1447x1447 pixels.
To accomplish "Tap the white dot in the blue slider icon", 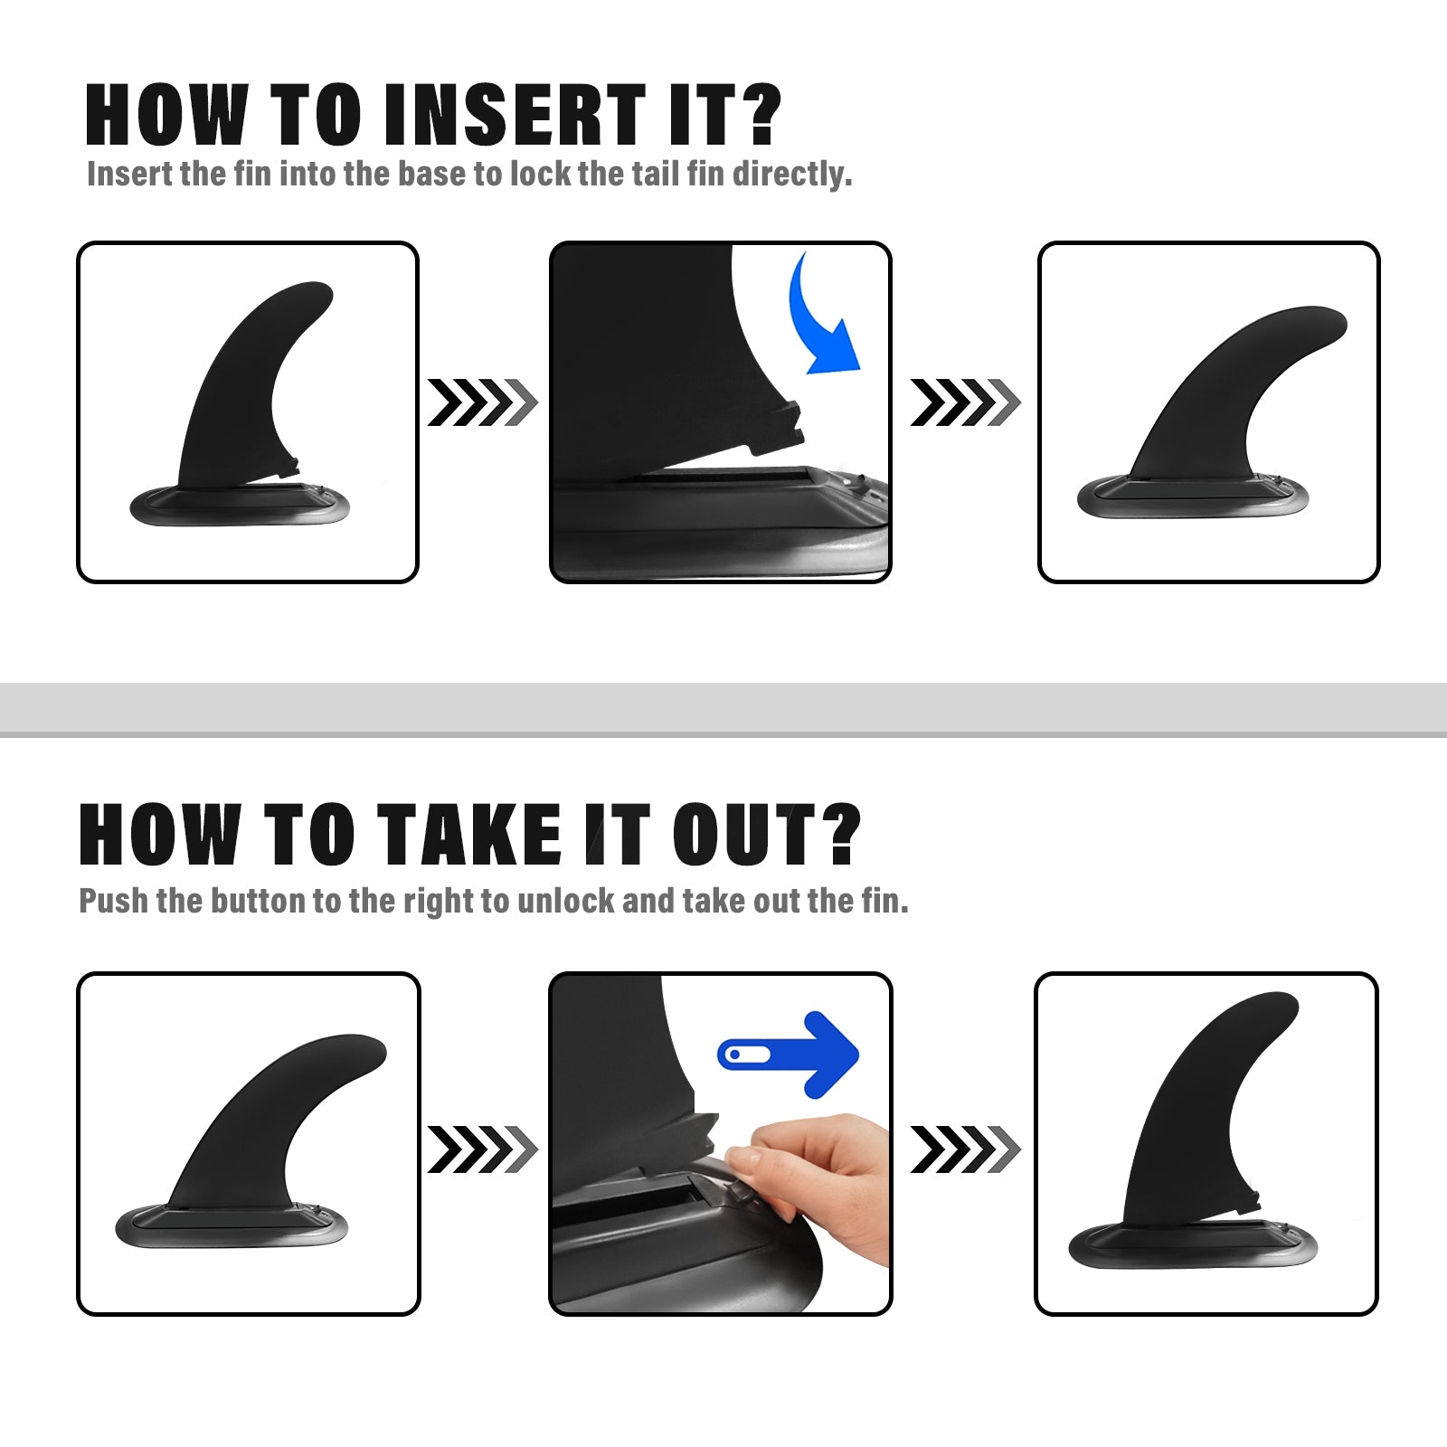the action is click(734, 1055).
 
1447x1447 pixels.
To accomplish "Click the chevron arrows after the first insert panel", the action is click(483, 402).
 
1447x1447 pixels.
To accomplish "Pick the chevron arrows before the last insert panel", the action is click(965, 402).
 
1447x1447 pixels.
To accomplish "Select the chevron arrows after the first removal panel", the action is click(483, 1149).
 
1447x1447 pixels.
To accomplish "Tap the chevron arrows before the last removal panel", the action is click(965, 1149).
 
